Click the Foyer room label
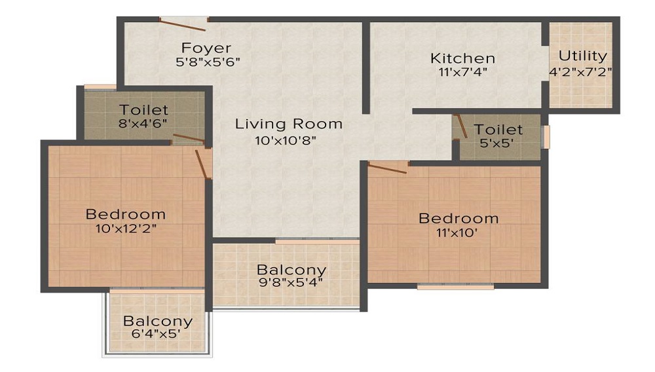[x=206, y=48]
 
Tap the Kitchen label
[x=462, y=58]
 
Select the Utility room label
[x=582, y=56]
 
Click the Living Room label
[x=289, y=123]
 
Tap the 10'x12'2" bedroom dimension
[x=126, y=229]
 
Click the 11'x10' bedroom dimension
[x=458, y=232]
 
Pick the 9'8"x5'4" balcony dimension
[x=291, y=284]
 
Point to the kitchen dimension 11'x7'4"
[x=462, y=73]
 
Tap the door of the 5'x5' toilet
[x=461, y=126]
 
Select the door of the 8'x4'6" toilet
[x=189, y=138]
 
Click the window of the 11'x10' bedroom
[x=455, y=286]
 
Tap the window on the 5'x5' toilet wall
[x=546, y=137]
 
